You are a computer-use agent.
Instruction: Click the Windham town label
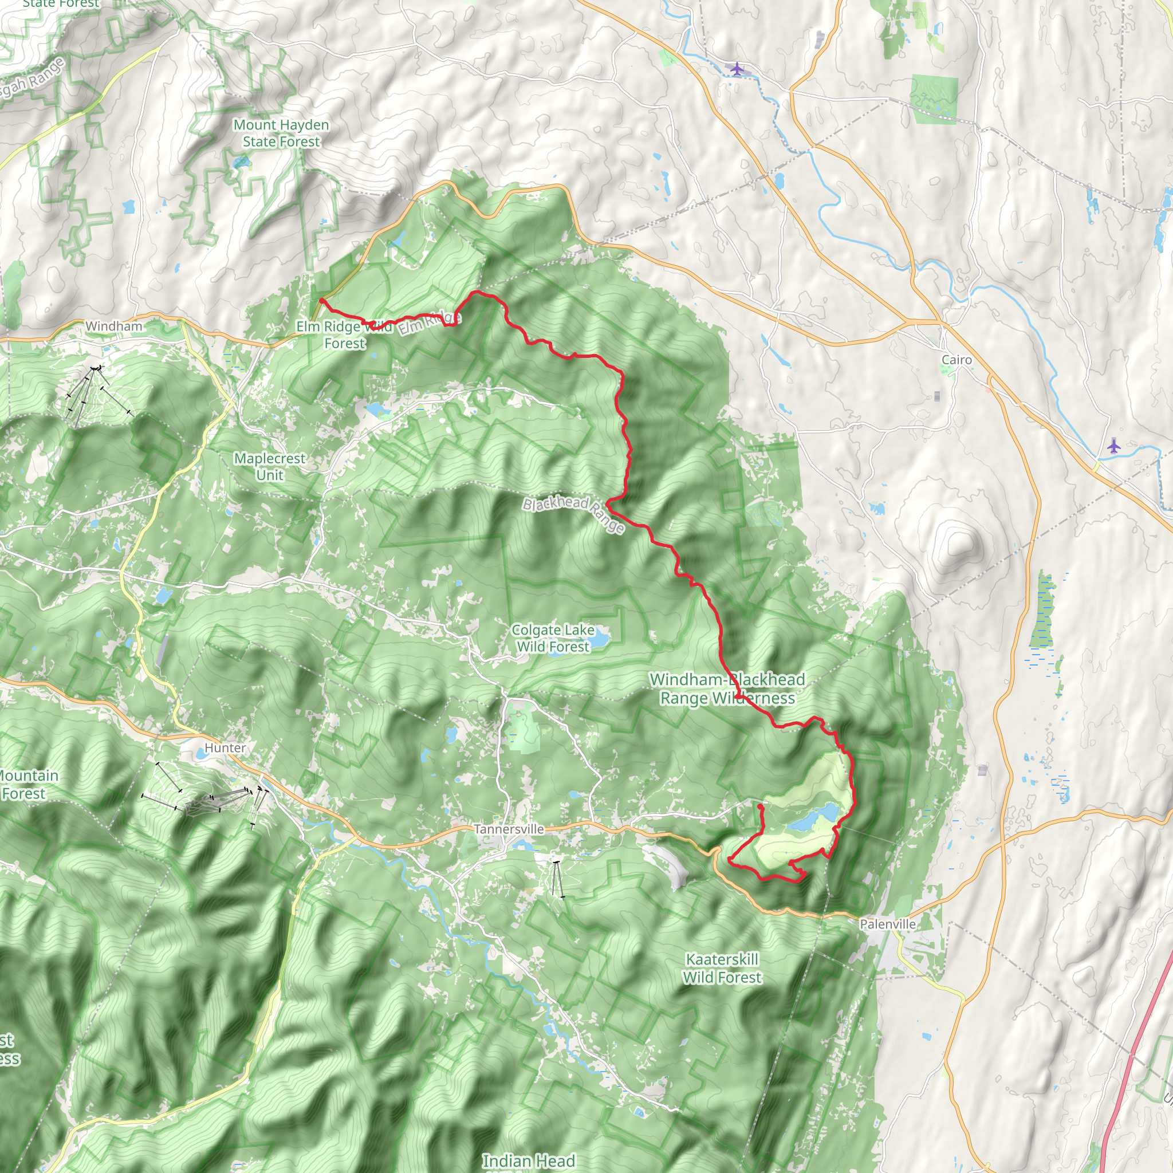pos(113,326)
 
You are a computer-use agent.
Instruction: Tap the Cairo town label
pos(956,360)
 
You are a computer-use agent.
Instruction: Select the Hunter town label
pos(225,748)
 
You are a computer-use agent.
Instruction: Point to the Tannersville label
pos(509,829)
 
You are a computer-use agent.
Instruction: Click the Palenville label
pos(888,924)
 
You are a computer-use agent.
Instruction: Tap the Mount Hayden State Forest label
pos(281,133)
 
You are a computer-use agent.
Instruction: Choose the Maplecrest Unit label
pos(270,467)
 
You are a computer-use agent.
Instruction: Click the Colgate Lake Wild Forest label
pos(553,639)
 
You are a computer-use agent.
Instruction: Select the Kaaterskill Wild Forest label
pos(722,969)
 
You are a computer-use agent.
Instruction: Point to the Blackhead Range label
pos(573,515)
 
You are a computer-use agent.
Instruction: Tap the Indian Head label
pos(528,1161)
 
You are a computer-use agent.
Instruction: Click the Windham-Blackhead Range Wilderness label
pos(727,689)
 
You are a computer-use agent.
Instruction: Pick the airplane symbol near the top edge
pos(737,69)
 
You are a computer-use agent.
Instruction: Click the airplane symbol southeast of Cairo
pos(1113,446)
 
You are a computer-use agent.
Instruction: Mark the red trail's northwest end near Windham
pos(321,300)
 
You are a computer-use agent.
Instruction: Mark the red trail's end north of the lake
pos(760,806)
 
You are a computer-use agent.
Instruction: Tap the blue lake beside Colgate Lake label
pos(600,638)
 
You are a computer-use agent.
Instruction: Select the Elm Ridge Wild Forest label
pos(344,334)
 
